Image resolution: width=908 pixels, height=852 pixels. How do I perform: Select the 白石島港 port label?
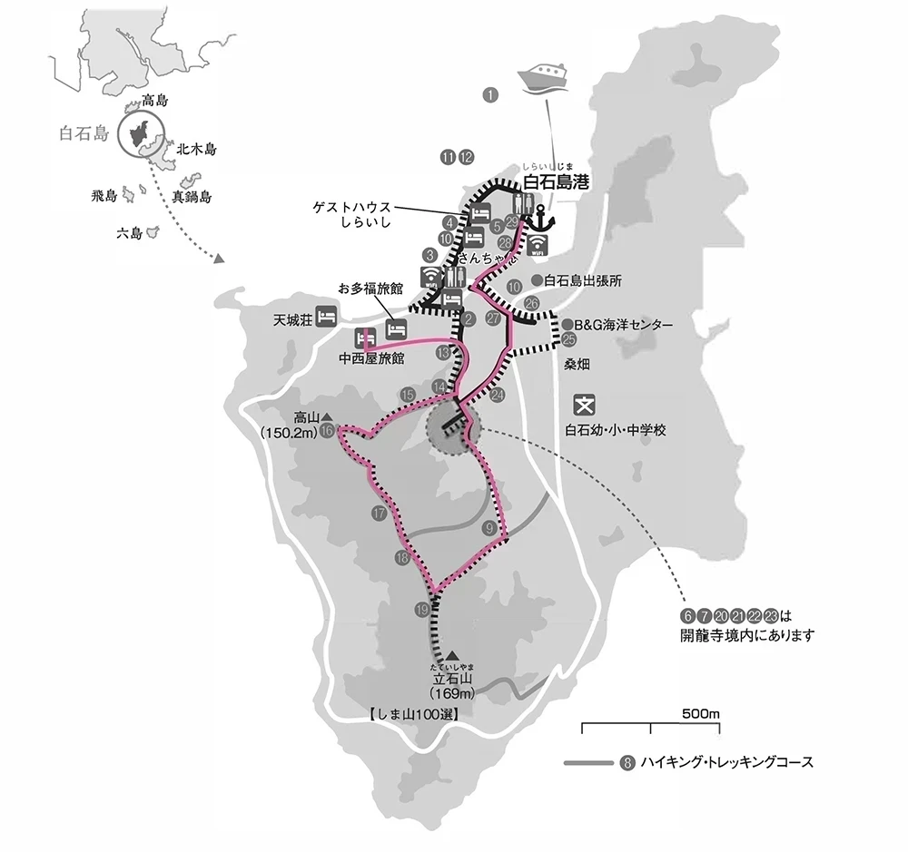(556, 182)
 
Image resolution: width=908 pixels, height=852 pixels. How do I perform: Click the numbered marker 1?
(491, 93)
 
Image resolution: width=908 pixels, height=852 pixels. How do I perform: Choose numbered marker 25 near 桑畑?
(569, 339)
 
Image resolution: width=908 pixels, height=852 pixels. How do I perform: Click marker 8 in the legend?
(626, 762)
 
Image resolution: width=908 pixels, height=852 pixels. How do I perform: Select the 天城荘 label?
(292, 318)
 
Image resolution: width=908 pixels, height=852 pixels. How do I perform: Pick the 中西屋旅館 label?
(370, 358)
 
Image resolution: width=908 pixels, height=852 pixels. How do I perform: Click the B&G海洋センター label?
(624, 324)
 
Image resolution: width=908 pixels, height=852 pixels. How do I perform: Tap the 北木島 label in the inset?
(197, 148)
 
